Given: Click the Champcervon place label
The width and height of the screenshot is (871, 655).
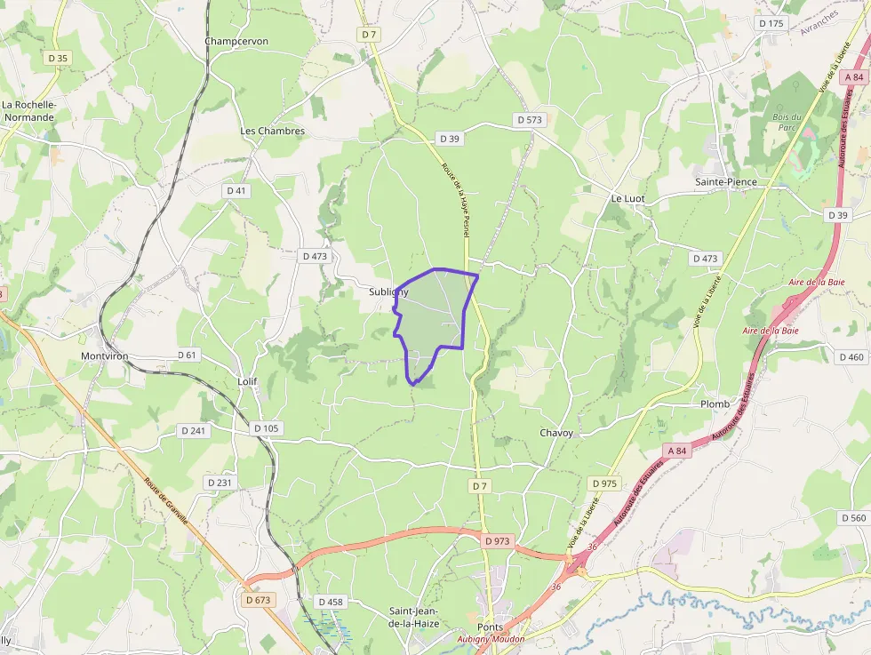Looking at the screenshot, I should coord(236,41).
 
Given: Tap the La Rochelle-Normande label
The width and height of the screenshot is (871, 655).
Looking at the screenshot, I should coord(29,110).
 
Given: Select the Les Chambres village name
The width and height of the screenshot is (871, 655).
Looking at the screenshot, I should coord(272,131).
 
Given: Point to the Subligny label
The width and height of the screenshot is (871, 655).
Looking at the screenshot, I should coord(388,292).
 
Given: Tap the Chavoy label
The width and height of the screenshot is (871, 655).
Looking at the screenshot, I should coord(556,433).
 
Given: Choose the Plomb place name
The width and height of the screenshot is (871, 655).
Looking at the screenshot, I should coord(715,403).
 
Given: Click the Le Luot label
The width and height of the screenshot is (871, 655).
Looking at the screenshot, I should coord(627,197).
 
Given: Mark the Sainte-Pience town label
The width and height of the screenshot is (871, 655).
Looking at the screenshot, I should coord(725,182).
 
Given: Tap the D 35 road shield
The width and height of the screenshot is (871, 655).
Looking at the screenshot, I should coord(58,58).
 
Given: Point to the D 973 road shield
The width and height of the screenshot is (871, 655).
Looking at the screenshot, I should coord(498,540).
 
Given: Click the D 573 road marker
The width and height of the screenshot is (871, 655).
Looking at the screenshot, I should coord(528,119).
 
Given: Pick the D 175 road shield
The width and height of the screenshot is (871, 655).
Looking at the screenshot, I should coord(771,23).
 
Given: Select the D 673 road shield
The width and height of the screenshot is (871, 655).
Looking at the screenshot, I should coord(257,600).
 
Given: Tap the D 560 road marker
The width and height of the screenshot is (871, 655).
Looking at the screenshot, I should coord(852,517).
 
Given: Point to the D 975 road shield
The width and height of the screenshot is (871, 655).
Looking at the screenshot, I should coord(603,483).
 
